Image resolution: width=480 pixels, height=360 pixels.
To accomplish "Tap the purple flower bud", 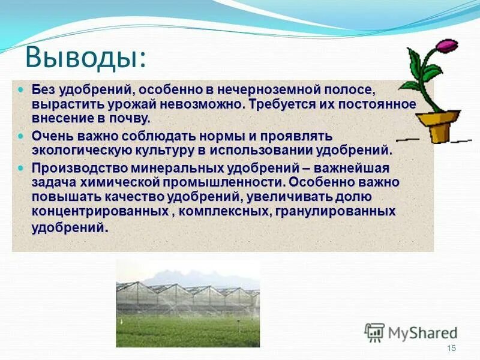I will [446, 46].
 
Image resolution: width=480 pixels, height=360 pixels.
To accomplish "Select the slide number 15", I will [452, 349].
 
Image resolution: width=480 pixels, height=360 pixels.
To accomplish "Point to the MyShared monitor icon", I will [374, 332].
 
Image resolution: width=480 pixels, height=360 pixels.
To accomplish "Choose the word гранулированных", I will [335, 212].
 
